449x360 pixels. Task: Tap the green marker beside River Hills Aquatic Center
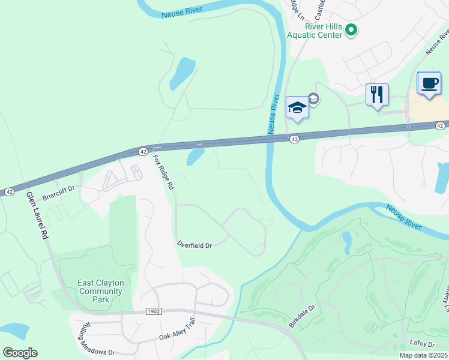(352, 30)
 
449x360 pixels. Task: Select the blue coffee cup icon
(429, 84)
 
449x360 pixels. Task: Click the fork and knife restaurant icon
(377, 95)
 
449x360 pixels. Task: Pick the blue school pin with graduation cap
(297, 108)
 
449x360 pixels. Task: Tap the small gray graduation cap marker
(313, 98)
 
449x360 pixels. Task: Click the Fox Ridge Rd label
(163, 173)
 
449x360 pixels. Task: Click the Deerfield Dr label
(194, 245)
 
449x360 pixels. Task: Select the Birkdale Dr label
(302, 316)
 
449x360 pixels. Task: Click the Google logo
(20, 353)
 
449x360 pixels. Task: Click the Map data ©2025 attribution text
(423, 355)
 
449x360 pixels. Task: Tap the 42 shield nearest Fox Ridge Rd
(143, 151)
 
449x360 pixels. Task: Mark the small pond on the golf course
(347, 242)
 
